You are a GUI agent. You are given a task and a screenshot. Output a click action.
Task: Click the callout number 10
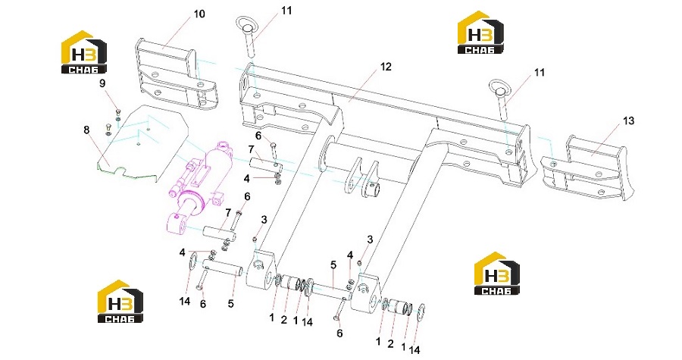pyautogui.click(x=199, y=14)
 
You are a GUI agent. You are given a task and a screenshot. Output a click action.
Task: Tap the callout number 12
pyautogui.click(x=386, y=67)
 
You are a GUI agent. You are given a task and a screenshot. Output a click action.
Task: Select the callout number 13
pyautogui.click(x=628, y=121)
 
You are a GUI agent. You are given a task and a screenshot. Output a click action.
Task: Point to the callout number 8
pyautogui.click(x=86, y=130)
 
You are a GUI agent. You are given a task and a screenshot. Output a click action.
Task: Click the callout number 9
pyautogui.click(x=102, y=83)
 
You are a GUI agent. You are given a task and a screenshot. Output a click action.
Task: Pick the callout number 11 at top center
pyautogui.click(x=286, y=10)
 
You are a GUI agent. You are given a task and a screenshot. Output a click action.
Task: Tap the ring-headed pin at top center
pyautogui.click(x=249, y=36)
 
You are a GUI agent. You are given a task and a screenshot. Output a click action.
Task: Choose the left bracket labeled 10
pyautogui.click(x=176, y=73)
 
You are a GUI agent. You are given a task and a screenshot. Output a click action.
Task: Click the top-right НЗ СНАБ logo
pyautogui.click(x=480, y=33)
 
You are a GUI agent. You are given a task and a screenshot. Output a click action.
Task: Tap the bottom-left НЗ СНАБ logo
pyautogui.click(x=120, y=302)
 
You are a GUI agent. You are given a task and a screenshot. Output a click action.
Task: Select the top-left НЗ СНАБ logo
pyautogui.click(x=83, y=52)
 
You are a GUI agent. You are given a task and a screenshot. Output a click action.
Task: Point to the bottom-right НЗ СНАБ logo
pyautogui.click(x=496, y=274)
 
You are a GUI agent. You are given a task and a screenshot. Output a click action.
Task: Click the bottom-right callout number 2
pyautogui.click(x=390, y=344)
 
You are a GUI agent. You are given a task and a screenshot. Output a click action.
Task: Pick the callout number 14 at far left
pyautogui.click(x=185, y=301)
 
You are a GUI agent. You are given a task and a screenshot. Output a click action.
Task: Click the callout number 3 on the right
pyautogui.click(x=370, y=239)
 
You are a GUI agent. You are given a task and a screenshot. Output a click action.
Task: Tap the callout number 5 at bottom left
pyautogui.click(x=231, y=303)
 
